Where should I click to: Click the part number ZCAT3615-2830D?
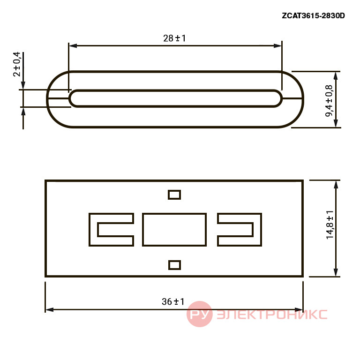coord(313,15)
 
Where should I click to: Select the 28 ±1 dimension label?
coord(174,38)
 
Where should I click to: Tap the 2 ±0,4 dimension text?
coord(17,64)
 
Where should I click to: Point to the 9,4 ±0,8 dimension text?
coord(329,101)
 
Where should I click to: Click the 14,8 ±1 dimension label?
coord(330,225)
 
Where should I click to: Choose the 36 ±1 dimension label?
coord(173,301)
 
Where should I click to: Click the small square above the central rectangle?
coord(174,195)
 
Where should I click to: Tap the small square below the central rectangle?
coord(174,265)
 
